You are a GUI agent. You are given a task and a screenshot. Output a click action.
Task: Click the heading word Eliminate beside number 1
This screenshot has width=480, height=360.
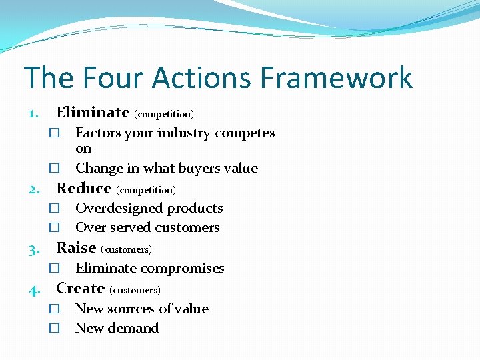93,112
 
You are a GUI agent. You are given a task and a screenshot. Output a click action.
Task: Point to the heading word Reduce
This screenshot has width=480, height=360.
83,188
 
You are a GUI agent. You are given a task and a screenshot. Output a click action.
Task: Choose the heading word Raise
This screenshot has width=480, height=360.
76,248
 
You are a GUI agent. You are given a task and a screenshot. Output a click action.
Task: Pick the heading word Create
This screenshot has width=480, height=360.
80,289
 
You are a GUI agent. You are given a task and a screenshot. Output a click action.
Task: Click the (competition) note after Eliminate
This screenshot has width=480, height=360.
164,114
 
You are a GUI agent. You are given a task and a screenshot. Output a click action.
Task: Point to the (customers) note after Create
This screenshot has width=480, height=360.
135,291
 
